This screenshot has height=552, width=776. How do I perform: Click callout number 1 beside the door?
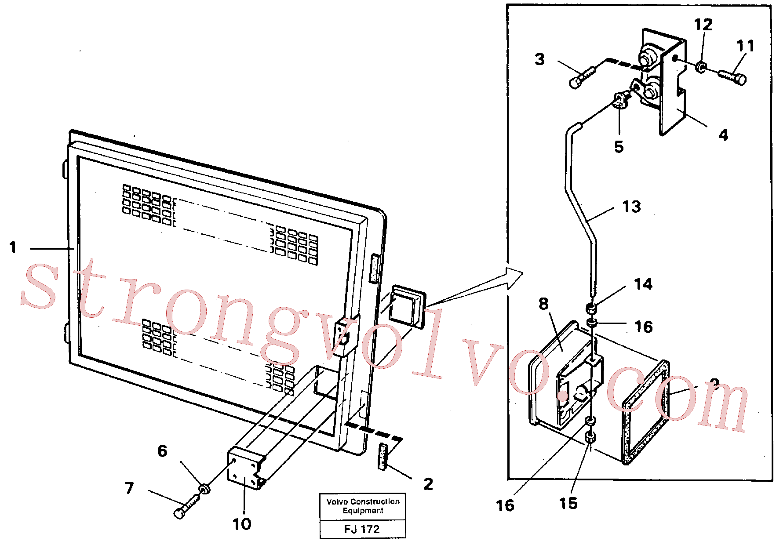(x=13, y=247)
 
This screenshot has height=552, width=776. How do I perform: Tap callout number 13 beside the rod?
(x=631, y=207)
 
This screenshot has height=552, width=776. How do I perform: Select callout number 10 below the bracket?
(x=242, y=524)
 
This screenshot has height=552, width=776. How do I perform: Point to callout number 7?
(x=129, y=488)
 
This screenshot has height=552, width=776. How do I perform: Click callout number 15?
(x=568, y=503)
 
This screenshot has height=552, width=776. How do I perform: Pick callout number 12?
(x=703, y=25)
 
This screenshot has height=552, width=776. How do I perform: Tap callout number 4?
(x=723, y=134)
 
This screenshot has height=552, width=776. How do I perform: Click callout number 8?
(x=544, y=304)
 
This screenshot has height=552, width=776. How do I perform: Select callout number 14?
(x=643, y=284)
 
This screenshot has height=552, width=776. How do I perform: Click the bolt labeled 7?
(x=187, y=506)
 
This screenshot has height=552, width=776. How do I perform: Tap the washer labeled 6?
(x=204, y=488)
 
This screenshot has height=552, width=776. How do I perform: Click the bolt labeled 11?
(x=732, y=77)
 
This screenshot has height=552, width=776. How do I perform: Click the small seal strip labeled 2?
(x=383, y=457)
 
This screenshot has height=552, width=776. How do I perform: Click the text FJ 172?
(x=362, y=529)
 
